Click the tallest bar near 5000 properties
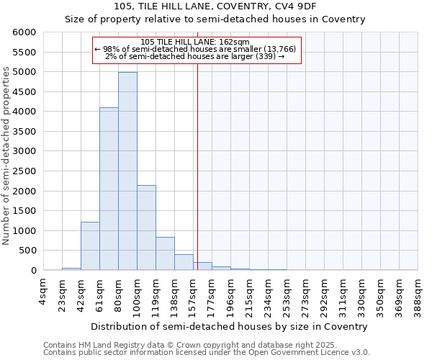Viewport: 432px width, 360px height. (x=127, y=171)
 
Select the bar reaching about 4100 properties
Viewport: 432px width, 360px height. (x=109, y=189)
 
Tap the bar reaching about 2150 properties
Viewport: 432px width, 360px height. (x=146, y=228)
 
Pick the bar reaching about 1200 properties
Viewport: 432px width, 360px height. (x=90, y=246)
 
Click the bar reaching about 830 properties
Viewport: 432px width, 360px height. (x=165, y=253)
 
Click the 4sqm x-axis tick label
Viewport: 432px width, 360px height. (x=44, y=294)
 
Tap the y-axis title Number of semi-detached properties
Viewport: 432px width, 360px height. (x=7, y=156)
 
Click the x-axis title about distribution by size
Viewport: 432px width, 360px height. (x=230, y=326)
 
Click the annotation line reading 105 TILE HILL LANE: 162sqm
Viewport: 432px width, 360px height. (x=195, y=42)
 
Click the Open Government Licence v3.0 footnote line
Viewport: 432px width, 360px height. (x=207, y=353)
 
